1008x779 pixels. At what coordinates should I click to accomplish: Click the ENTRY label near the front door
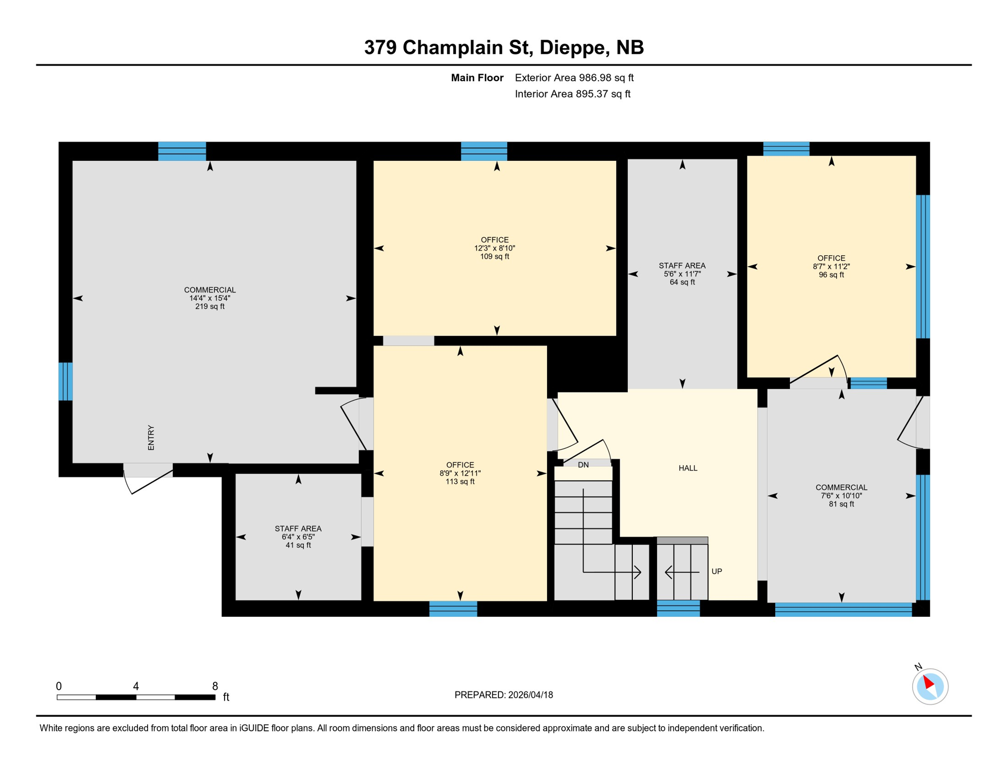click(151, 438)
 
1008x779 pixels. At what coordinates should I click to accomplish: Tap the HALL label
click(688, 468)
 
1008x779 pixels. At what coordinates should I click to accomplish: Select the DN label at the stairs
click(583, 465)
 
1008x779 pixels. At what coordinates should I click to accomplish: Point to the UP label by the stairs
click(716, 572)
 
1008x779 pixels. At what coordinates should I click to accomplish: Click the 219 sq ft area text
click(210, 307)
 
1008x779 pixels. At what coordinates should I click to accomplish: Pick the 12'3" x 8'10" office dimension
click(494, 249)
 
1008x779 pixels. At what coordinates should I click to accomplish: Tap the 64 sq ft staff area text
click(682, 282)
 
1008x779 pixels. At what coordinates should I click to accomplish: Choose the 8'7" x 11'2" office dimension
click(831, 267)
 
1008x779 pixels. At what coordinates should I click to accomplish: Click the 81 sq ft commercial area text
click(841, 504)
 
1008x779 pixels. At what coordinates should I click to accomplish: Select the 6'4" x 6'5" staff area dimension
click(298, 537)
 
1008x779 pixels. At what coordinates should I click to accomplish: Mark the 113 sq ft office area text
click(460, 482)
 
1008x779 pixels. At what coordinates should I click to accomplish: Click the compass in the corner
click(930, 687)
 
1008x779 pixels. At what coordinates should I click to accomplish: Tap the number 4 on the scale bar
click(136, 686)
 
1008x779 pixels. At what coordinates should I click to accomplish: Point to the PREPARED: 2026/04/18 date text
click(503, 695)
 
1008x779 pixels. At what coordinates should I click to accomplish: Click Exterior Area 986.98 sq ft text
click(574, 78)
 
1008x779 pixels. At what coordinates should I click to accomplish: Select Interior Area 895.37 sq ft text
click(572, 94)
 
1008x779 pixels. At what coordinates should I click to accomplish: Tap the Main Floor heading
click(477, 78)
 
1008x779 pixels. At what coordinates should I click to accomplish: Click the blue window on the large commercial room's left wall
click(65, 381)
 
